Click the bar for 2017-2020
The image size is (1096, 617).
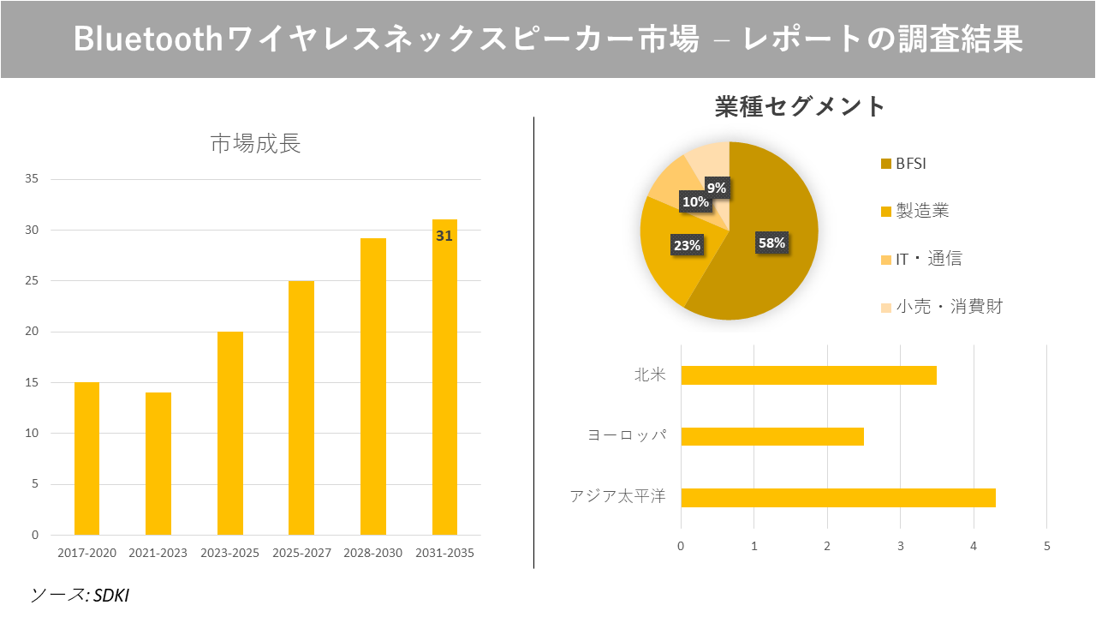86,458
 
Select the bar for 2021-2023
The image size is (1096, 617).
158,464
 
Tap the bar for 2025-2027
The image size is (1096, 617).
301,408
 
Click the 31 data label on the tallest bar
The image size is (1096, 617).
444,236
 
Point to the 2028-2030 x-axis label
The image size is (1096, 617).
372,554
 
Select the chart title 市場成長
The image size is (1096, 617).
255,144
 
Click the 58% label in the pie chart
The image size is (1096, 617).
771,243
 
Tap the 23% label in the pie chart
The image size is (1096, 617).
687,245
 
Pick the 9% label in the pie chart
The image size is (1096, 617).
717,188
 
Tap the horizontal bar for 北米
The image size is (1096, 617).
808,375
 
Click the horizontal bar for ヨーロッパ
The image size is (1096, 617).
771,436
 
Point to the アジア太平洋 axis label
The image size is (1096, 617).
617,497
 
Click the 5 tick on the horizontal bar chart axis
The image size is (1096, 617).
1046,546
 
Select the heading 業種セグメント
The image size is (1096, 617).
800,106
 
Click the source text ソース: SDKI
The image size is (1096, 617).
80,595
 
